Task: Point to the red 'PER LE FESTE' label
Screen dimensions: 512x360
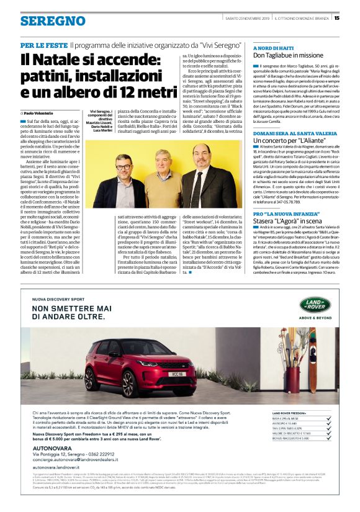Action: point(43,45)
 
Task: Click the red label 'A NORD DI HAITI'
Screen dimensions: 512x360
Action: point(272,47)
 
